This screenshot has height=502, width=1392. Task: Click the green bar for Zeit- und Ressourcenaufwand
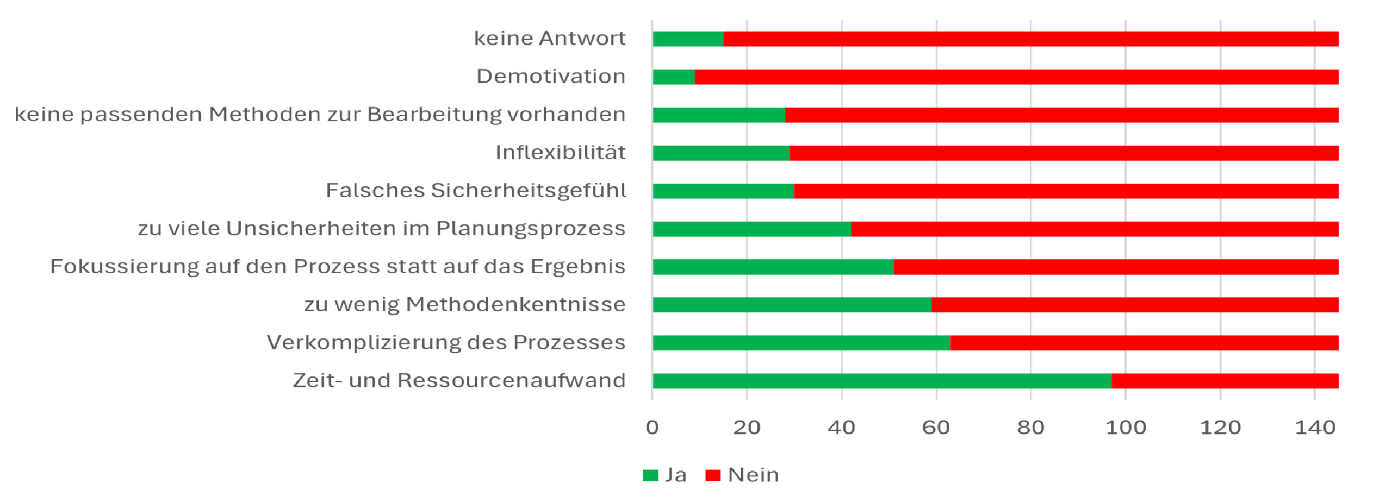[x=881, y=381]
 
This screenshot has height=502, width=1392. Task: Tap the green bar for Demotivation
[x=673, y=77]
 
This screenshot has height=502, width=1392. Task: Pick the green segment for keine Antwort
[x=687, y=39]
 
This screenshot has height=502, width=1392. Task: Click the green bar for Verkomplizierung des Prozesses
[x=801, y=343]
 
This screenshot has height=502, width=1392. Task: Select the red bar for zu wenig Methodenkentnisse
[x=1134, y=305]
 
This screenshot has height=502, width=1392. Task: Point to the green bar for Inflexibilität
[x=720, y=153]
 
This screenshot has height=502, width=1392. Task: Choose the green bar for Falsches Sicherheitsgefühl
[x=723, y=191]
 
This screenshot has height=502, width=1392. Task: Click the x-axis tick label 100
[x=1126, y=428]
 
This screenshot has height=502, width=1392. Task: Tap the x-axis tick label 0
[x=652, y=428]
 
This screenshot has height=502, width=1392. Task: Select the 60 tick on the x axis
[x=936, y=428]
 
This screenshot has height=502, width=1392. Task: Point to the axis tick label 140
[x=1315, y=428]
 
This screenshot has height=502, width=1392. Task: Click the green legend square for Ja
[x=650, y=475]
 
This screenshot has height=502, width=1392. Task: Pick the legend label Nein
[x=753, y=475]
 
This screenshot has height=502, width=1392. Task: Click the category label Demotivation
[x=550, y=77]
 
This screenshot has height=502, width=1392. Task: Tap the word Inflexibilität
[x=560, y=153]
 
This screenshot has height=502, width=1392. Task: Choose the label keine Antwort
[x=549, y=39]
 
